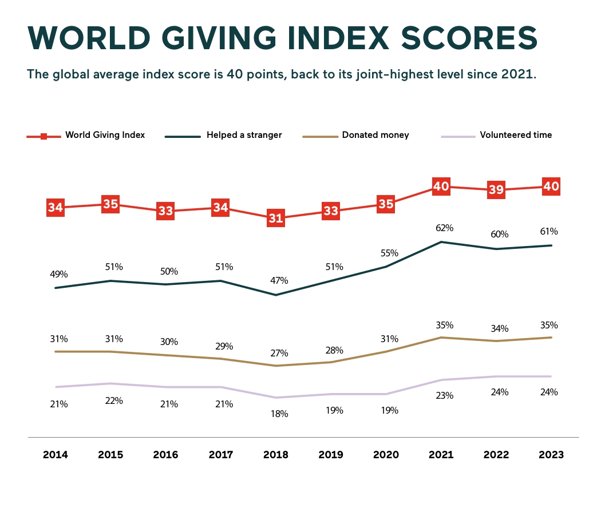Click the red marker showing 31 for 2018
pyautogui.click(x=276, y=219)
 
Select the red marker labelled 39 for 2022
pyautogui.click(x=496, y=190)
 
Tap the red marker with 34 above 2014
pyautogui.click(x=56, y=208)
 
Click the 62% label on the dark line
pyautogui.click(x=444, y=228)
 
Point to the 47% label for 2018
pyautogui.click(x=279, y=280)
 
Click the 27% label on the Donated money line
pyautogui.click(x=279, y=353)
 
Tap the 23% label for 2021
pyautogui.click(x=444, y=395)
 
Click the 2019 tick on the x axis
pyautogui.click(x=331, y=455)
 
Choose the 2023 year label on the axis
pyautogui.click(x=551, y=455)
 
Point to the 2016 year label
pyautogui.click(x=165, y=455)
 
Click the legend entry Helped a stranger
pyautogui.click(x=244, y=136)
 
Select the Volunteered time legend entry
pyautogui.click(x=516, y=136)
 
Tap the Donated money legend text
pyautogui.click(x=375, y=136)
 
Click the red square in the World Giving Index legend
pyautogui.click(x=44, y=136)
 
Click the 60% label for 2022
pyautogui.click(x=499, y=234)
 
